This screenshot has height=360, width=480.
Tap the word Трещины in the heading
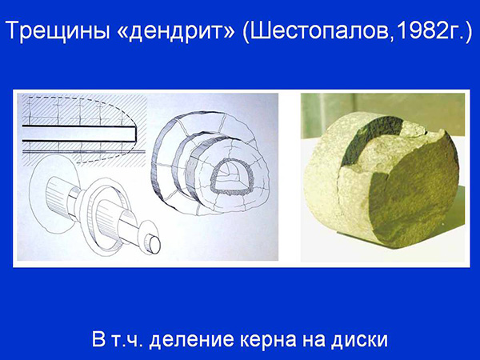click(x=57, y=30)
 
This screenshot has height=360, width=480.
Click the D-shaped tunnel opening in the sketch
click(x=232, y=178)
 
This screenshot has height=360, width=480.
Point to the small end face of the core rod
click(x=154, y=244)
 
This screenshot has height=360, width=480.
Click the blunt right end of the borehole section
click(x=135, y=134)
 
